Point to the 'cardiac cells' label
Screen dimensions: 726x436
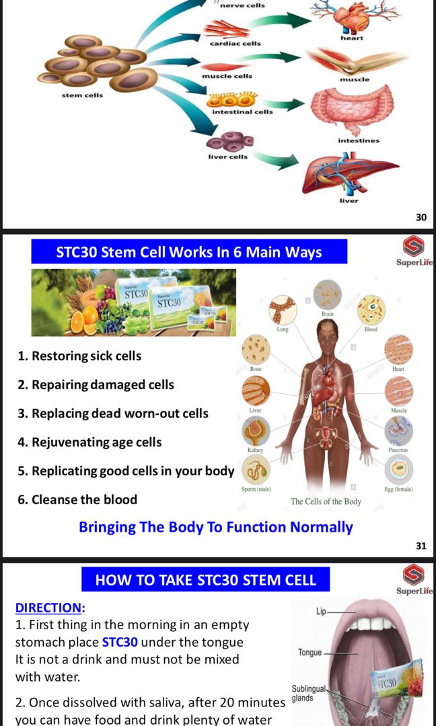click(235, 44)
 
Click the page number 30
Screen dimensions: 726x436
click(421, 217)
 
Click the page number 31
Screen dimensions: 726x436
click(421, 546)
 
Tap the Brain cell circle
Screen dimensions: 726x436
click(327, 294)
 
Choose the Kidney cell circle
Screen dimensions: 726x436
click(256, 430)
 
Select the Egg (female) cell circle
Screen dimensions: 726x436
click(398, 469)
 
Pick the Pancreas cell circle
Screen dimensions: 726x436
click(398, 430)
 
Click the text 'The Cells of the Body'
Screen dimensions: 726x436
click(326, 501)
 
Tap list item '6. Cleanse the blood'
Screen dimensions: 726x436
click(77, 499)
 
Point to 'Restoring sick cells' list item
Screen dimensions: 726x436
click(79, 356)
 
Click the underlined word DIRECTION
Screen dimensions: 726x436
click(50, 608)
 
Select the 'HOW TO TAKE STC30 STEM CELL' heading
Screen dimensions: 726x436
click(205, 579)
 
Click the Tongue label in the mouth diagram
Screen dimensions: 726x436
click(310, 652)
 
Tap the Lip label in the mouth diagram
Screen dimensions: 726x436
click(320, 612)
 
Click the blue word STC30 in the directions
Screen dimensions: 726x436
click(120, 642)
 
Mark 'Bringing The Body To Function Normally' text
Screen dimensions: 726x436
click(215, 527)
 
